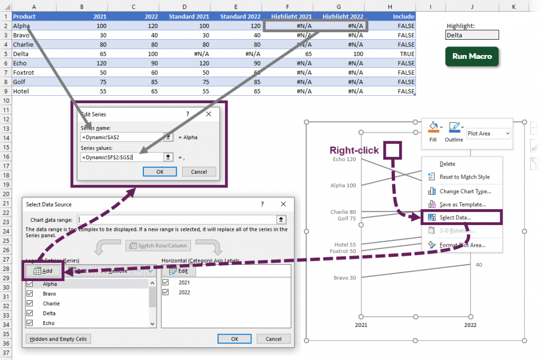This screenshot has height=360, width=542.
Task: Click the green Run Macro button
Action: (x=472, y=56)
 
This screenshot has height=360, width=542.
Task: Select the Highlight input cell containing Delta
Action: (x=472, y=35)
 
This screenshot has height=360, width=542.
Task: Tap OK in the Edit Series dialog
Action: (x=160, y=172)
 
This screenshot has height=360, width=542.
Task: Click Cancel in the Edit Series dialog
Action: (x=198, y=172)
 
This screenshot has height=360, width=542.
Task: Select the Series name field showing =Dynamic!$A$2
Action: (x=121, y=137)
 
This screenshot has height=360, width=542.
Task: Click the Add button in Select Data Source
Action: (x=44, y=271)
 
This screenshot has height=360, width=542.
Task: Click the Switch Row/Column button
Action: (x=157, y=246)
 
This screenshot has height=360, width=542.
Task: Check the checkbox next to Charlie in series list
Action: (x=30, y=303)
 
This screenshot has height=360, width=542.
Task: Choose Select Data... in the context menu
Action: (x=455, y=218)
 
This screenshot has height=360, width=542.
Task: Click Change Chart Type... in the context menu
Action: (x=465, y=191)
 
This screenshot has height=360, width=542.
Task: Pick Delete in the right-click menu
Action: (x=447, y=164)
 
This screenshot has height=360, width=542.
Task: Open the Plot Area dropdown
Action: (x=489, y=133)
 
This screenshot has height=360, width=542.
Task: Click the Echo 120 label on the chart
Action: (x=344, y=159)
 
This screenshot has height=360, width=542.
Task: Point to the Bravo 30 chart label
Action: (x=345, y=277)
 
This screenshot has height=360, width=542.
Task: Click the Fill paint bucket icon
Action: (x=433, y=127)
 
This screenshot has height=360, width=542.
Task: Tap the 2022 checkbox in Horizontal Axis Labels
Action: (x=167, y=292)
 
